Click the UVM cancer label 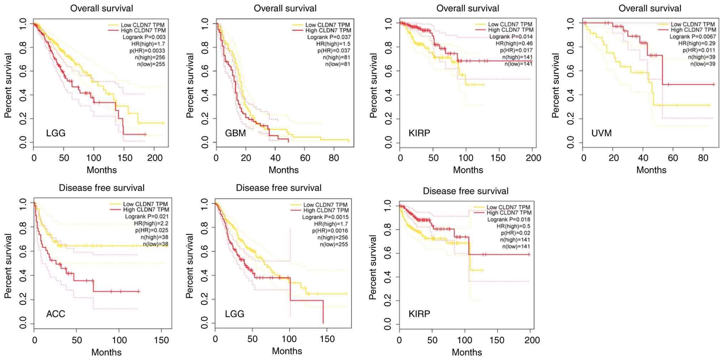[x=601, y=133]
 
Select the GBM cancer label [x=236, y=133]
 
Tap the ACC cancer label [x=56, y=314]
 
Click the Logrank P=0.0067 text [x=693, y=37]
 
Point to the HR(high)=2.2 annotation [x=151, y=223]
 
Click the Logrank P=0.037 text [x=329, y=37]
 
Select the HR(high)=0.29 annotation [x=697, y=43]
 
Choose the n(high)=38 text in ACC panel [x=154, y=237]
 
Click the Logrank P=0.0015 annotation [x=325, y=217]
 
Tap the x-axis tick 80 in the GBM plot [x=334, y=158]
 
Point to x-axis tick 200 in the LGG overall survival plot [x=155, y=158]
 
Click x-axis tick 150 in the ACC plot [x=161, y=340]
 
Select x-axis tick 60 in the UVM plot [x=673, y=158]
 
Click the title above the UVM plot [x=650, y=8]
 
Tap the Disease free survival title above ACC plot [x=102, y=188]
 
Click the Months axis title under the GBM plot [x=284, y=170]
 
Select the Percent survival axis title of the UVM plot [x=555, y=86]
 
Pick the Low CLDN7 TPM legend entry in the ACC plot [x=145, y=204]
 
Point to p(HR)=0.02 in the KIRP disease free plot [x=515, y=233]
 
